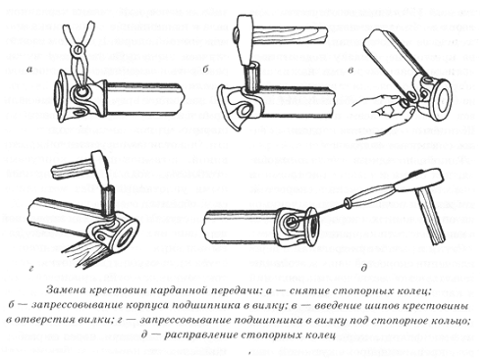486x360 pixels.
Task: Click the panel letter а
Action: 30,70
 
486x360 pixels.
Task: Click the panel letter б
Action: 206,70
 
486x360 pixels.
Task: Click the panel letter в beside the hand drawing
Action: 351,71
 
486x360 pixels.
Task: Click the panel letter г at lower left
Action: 30,269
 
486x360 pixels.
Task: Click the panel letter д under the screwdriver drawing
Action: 363,268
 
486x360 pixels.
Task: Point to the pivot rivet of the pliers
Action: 78,50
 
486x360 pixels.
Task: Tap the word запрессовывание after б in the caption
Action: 73,306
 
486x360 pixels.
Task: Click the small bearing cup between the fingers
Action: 405,105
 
